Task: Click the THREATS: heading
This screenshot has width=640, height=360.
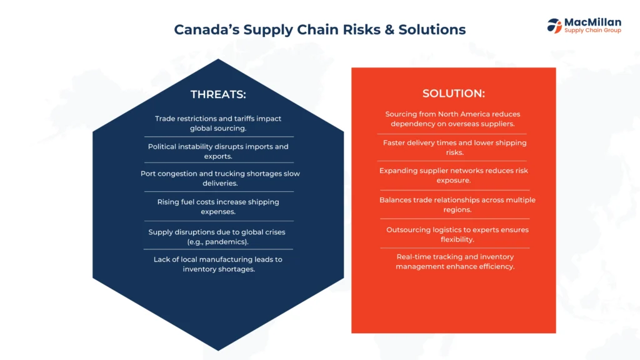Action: tap(218, 94)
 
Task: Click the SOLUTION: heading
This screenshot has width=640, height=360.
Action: tap(454, 94)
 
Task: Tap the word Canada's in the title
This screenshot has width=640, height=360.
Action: tap(206, 29)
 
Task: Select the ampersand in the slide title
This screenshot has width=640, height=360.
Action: tap(389, 30)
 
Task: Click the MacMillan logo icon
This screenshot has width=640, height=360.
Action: tap(554, 26)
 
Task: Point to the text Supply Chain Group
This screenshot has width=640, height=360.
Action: tap(592, 30)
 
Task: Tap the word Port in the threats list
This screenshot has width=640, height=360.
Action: tap(148, 174)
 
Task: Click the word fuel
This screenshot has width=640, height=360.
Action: tap(187, 202)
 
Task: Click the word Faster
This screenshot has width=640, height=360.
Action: tap(394, 143)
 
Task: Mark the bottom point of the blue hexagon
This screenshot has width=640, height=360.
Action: tap(218, 351)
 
